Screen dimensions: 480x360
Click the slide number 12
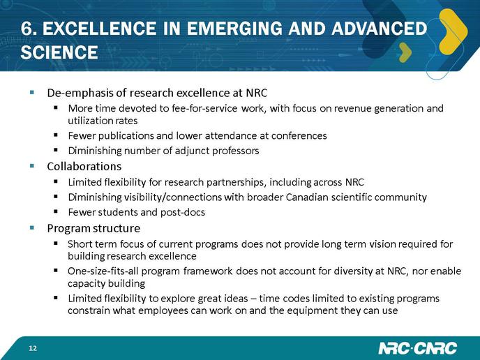[33, 348]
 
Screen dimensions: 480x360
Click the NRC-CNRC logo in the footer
[417, 348]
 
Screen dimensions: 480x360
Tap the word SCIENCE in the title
[59, 52]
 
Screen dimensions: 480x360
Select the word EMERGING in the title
[234, 29]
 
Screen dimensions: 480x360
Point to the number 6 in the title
[26, 29]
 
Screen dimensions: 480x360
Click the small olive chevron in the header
[405, 52]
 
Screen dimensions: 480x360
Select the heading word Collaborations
[84, 166]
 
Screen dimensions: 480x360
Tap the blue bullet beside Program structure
[32, 227]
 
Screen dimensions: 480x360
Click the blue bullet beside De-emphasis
[32, 92]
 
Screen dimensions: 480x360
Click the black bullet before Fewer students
[55, 211]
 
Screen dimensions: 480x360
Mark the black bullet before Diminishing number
[55, 150]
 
